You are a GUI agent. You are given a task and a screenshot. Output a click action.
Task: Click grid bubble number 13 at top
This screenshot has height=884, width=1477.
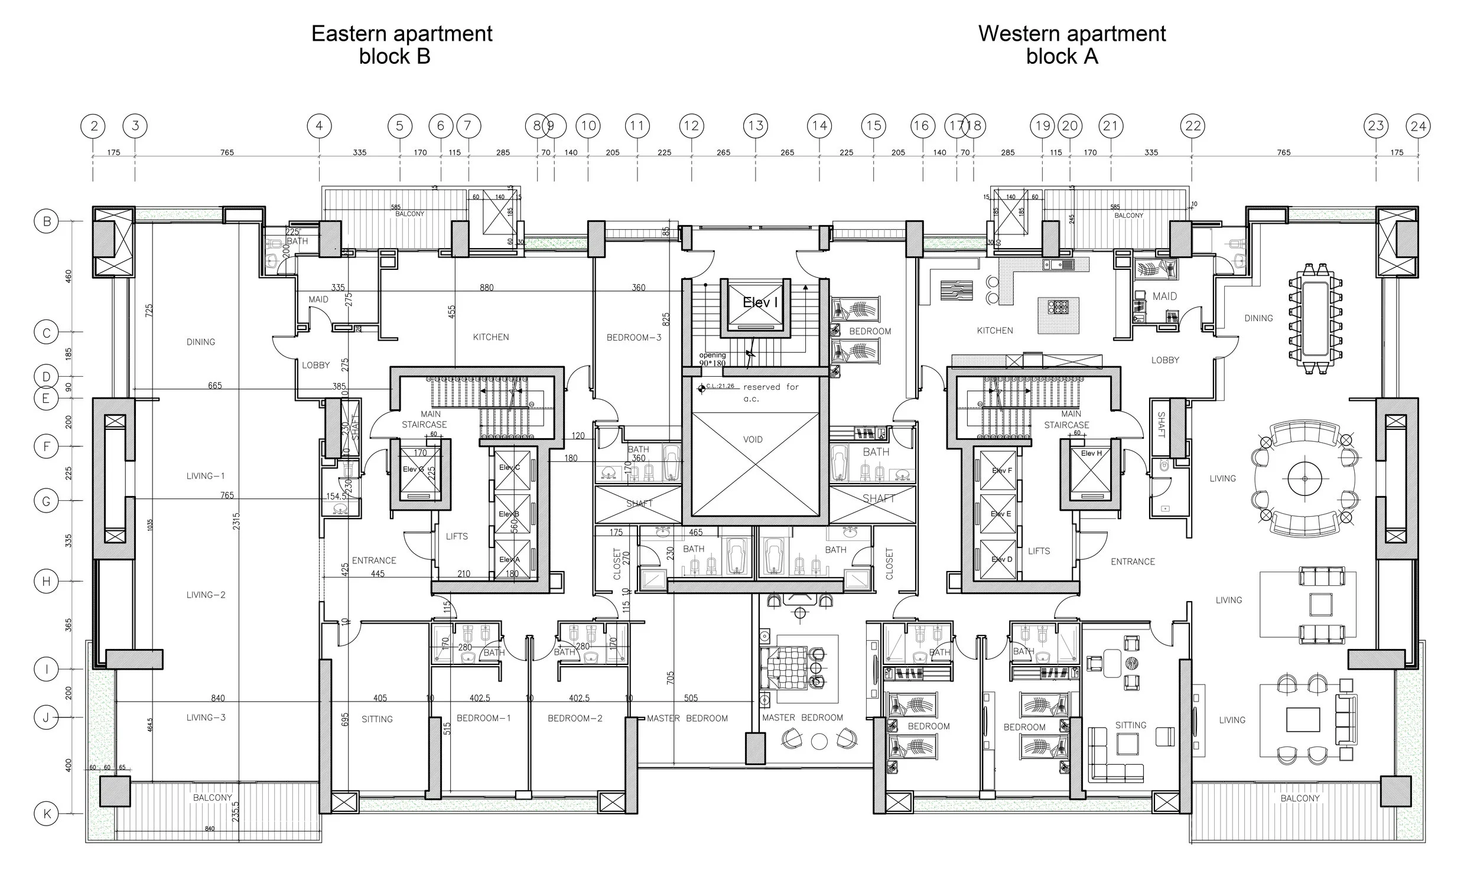[756, 126]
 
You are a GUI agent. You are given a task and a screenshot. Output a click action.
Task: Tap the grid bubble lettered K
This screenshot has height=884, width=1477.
[47, 814]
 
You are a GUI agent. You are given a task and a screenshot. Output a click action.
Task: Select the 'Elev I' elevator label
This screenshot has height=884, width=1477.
[760, 302]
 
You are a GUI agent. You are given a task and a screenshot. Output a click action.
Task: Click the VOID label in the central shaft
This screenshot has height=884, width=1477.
[753, 439]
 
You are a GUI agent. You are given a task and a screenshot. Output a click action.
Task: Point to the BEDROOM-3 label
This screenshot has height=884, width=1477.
[634, 338]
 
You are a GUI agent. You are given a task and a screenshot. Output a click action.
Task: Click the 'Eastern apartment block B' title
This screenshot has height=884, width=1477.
[401, 45]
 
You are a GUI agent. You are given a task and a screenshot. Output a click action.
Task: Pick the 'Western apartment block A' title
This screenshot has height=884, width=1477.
[1071, 45]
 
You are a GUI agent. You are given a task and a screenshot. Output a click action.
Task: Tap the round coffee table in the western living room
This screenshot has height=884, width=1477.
[1305, 478]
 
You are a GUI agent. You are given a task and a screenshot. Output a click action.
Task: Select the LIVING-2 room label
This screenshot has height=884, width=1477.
[206, 595]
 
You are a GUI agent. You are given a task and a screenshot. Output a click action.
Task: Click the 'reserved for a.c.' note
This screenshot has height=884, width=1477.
[770, 392]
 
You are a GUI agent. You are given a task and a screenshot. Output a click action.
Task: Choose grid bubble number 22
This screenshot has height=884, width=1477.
[1193, 126]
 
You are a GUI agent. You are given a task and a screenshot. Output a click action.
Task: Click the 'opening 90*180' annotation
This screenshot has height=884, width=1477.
[713, 359]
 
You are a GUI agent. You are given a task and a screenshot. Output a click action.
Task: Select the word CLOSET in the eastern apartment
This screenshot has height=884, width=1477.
[617, 563]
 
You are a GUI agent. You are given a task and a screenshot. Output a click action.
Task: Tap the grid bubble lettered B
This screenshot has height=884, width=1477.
[47, 221]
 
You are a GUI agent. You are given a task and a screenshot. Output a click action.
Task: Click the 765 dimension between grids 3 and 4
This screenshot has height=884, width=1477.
[227, 152]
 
